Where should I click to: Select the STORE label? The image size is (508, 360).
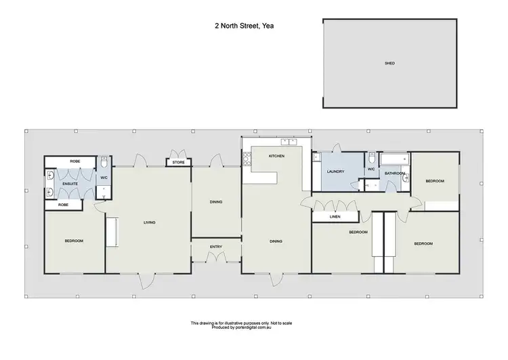[x=178, y=163]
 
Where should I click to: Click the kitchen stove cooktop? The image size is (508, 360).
[x=247, y=160]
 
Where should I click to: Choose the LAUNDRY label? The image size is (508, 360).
[x=336, y=172]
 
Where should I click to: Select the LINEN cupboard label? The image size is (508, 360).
[x=335, y=217]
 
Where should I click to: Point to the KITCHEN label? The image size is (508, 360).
[x=276, y=157]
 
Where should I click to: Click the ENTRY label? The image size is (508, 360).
[x=215, y=247]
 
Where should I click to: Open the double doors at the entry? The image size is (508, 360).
[x=215, y=259]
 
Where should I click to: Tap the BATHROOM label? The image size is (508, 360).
[x=395, y=174]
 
